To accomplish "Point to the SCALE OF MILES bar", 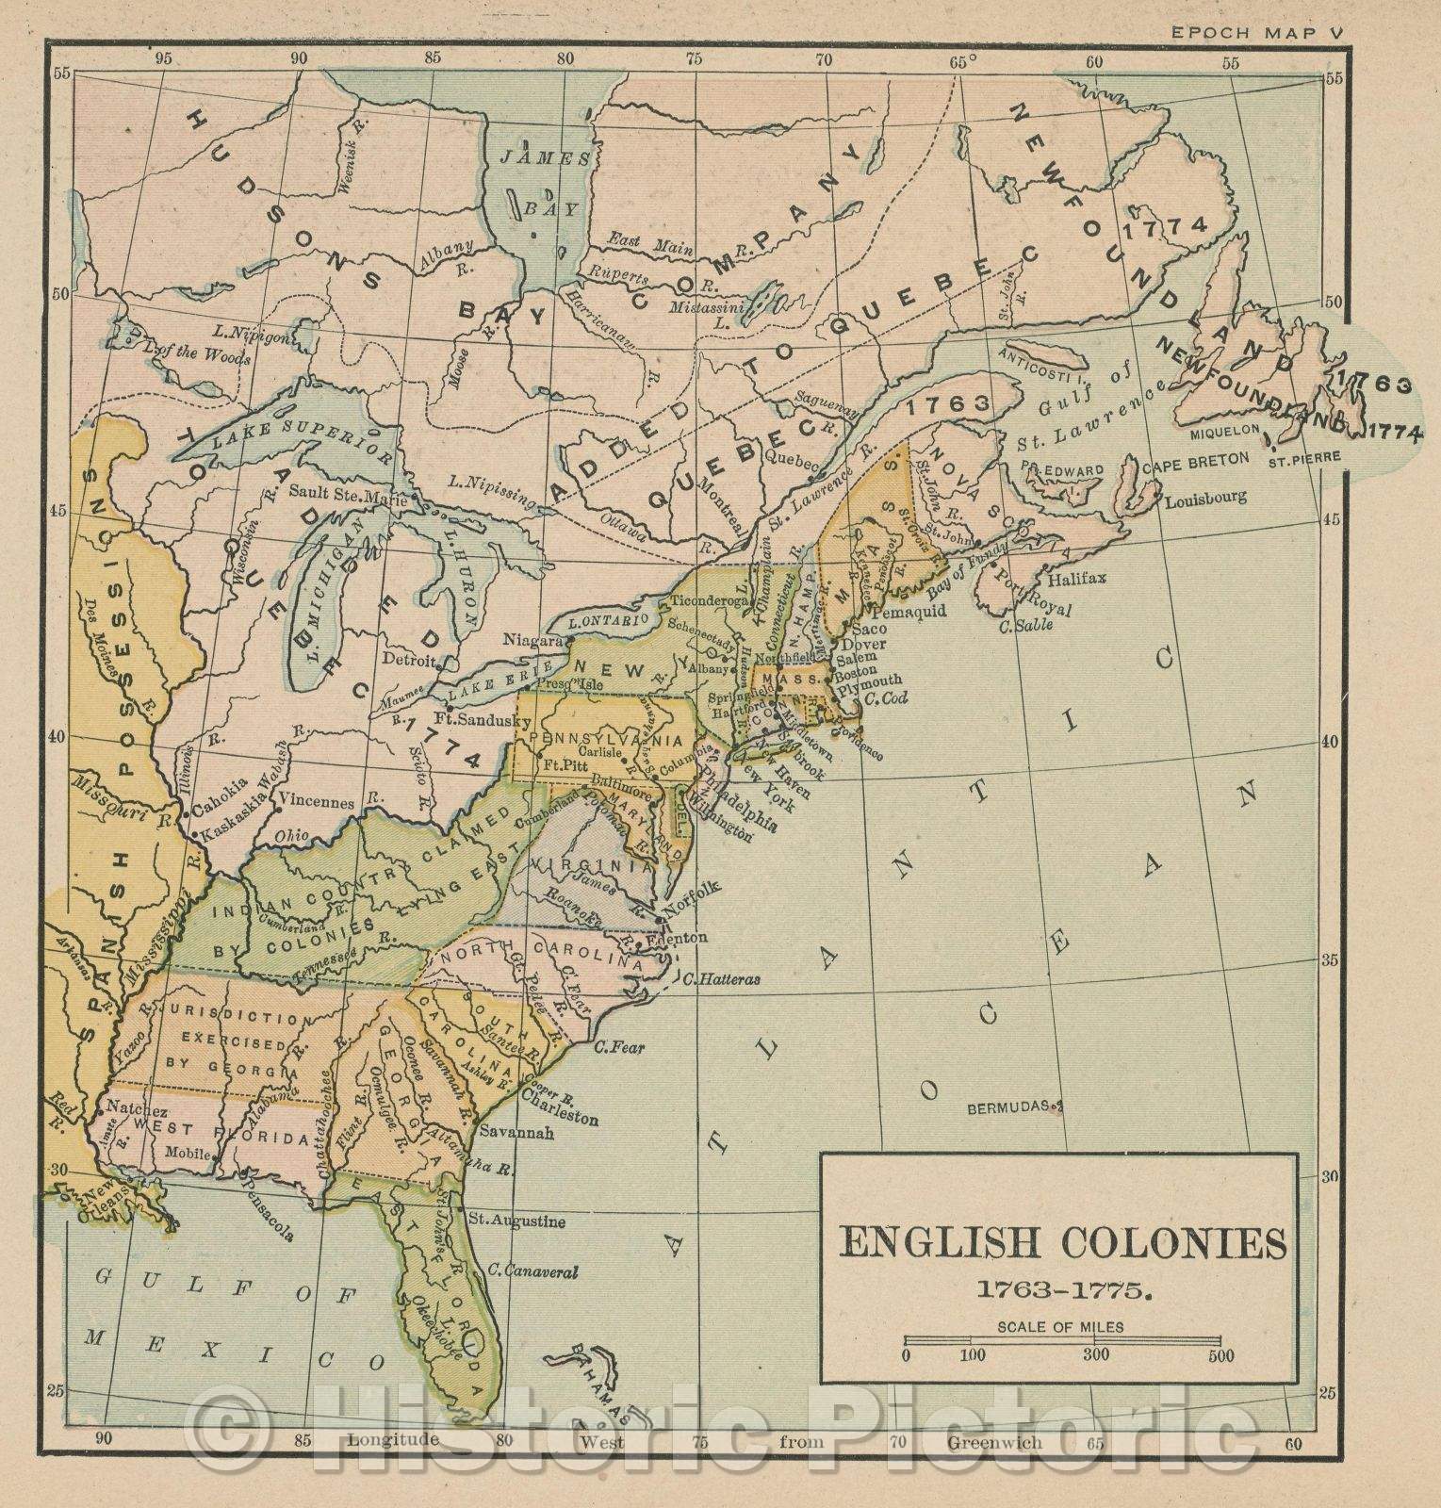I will pos(1062,1339).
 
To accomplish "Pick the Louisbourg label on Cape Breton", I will pos(1205,497).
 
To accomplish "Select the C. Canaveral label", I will pos(532,1271).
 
